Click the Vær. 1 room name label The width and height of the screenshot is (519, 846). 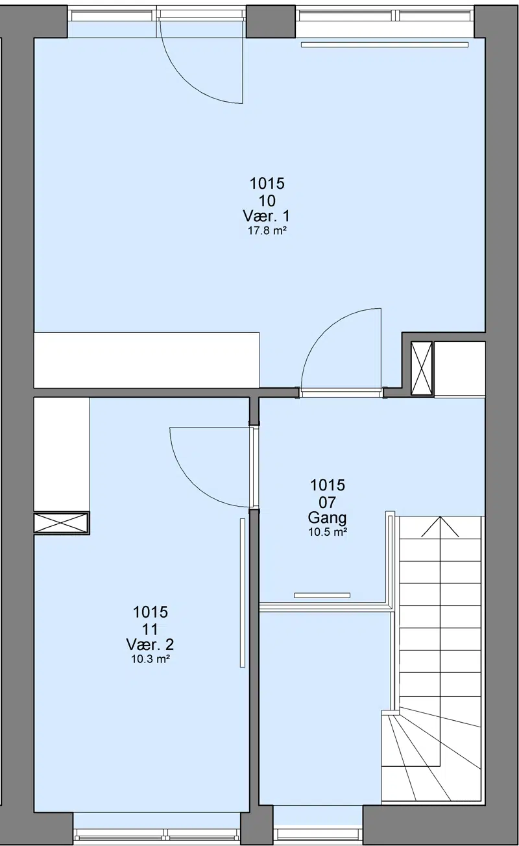click(266, 216)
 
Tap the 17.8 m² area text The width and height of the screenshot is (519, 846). click(266, 231)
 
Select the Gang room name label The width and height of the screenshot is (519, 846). click(327, 517)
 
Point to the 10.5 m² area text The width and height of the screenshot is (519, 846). click(328, 532)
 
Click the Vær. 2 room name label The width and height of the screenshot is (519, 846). click(150, 644)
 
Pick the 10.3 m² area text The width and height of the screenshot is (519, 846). click(150, 659)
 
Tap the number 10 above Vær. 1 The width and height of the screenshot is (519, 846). click(267, 200)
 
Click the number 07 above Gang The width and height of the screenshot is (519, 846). click(327, 502)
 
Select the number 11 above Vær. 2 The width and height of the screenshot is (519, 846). click(150, 629)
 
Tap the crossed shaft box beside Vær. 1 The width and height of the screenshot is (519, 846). click(421, 369)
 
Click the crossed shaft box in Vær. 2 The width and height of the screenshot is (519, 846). click(61, 523)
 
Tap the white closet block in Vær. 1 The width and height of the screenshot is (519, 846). click(146, 360)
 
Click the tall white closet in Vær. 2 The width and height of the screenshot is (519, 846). click(62, 454)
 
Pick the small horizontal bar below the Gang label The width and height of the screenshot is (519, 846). click(322, 596)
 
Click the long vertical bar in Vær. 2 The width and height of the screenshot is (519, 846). click(242, 593)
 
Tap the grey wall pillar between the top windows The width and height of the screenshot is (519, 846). click(271, 21)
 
